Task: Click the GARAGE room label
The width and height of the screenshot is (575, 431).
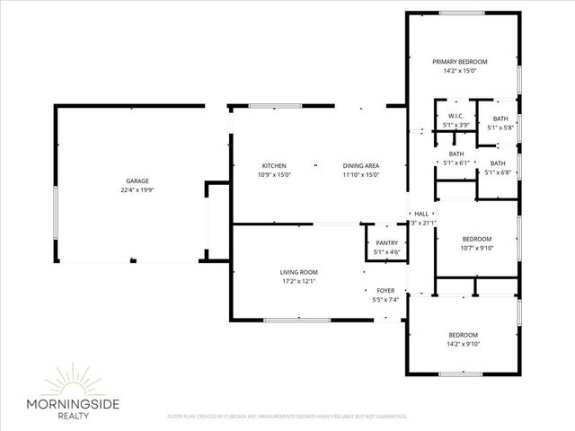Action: point(137,180)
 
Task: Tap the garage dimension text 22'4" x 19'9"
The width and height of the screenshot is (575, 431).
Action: point(137,190)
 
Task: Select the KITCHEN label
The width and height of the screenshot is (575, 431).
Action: point(274,166)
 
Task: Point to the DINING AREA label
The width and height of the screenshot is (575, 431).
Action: point(361,166)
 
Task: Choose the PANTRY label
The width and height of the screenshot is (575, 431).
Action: point(386,243)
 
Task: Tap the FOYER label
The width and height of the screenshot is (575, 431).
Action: point(385,290)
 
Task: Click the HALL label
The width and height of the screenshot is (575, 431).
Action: point(420,214)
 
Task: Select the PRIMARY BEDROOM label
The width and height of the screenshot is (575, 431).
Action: point(459,61)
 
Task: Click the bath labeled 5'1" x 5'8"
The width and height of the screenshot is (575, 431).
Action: point(500,128)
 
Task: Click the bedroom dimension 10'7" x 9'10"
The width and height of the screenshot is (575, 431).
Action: point(476,248)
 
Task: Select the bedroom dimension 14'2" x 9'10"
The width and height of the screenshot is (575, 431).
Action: point(464,343)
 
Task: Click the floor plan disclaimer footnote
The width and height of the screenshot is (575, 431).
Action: point(287,417)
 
